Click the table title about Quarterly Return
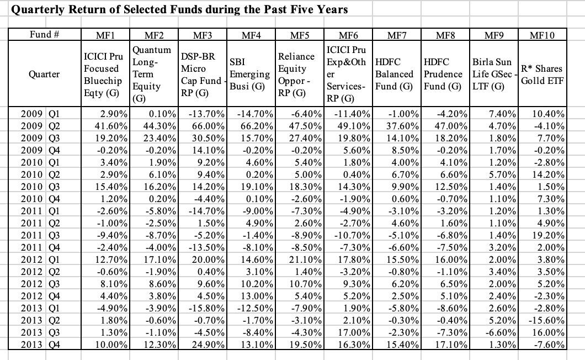click(x=180, y=9)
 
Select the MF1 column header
click(x=105, y=35)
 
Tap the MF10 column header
click(x=544, y=35)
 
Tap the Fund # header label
click(x=45, y=35)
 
